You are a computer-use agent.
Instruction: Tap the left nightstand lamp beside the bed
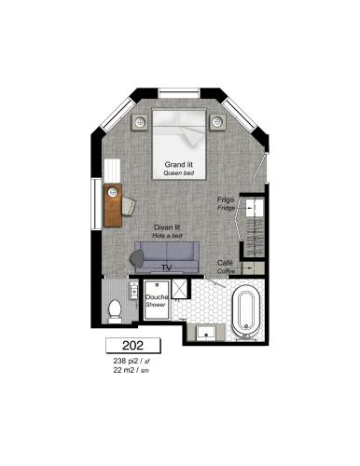click(x=142, y=121)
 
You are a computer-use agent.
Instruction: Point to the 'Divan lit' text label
click(x=167, y=228)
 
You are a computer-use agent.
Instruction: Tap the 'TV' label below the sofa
click(x=167, y=268)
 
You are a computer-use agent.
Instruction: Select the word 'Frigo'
click(x=226, y=200)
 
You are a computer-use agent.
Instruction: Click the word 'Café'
click(x=225, y=263)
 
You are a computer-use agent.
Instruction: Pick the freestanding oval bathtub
click(x=247, y=311)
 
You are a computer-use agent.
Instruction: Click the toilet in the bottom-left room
click(x=114, y=310)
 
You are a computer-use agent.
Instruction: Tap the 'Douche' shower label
click(x=156, y=297)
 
